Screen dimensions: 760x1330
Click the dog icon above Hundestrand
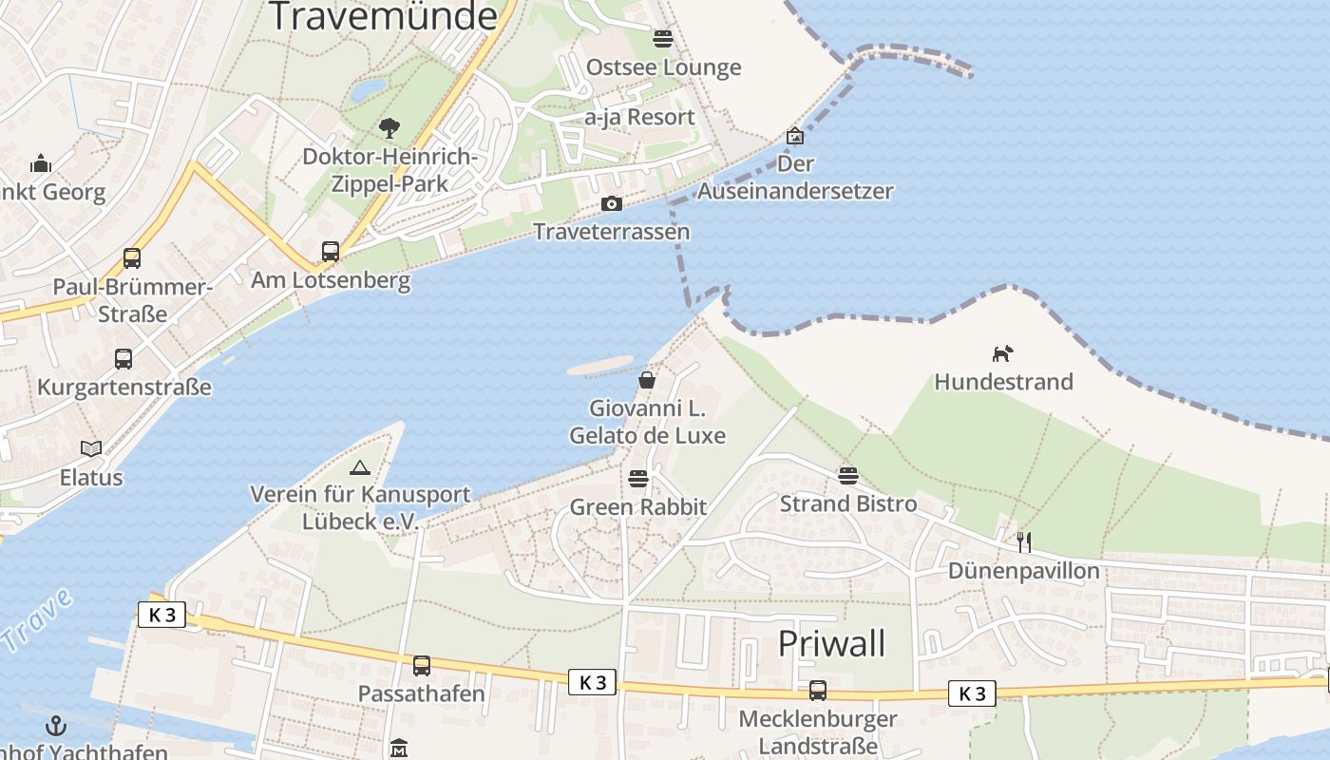(x=1002, y=354)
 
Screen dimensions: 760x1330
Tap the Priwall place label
(x=831, y=643)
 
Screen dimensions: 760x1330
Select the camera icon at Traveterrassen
(x=612, y=204)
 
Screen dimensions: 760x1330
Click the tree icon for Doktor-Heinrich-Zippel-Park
(x=389, y=128)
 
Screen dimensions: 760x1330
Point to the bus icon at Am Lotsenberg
(x=331, y=252)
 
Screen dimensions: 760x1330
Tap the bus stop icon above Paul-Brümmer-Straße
(x=132, y=258)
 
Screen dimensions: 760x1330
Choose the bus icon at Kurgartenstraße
(x=123, y=359)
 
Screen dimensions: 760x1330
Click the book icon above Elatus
(x=91, y=448)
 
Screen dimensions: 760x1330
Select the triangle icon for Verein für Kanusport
(x=359, y=467)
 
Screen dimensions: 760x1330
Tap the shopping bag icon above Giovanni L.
(x=647, y=381)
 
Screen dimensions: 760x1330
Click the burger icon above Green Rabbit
(x=638, y=478)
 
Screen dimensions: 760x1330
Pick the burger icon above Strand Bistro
(x=848, y=475)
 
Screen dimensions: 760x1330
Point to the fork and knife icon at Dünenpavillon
(x=1024, y=542)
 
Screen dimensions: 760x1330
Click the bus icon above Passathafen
(x=422, y=666)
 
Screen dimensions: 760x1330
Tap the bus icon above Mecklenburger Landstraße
(x=818, y=691)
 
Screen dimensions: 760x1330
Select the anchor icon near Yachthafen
(x=57, y=727)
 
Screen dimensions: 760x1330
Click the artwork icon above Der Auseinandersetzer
(x=795, y=137)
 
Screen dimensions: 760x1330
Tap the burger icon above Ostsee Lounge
(x=663, y=39)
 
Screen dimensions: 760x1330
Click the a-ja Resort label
(x=640, y=117)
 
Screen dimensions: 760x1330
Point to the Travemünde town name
(x=383, y=17)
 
